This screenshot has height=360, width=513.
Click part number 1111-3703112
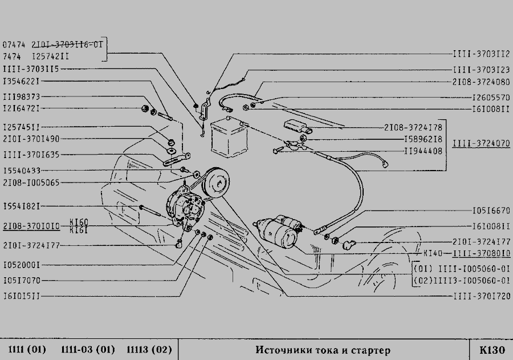point(481,55)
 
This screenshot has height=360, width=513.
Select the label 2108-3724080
point(481,83)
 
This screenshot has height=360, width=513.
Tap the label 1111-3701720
point(481,296)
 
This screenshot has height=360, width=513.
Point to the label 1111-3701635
point(31,154)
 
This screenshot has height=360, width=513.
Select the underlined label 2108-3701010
point(31,226)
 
